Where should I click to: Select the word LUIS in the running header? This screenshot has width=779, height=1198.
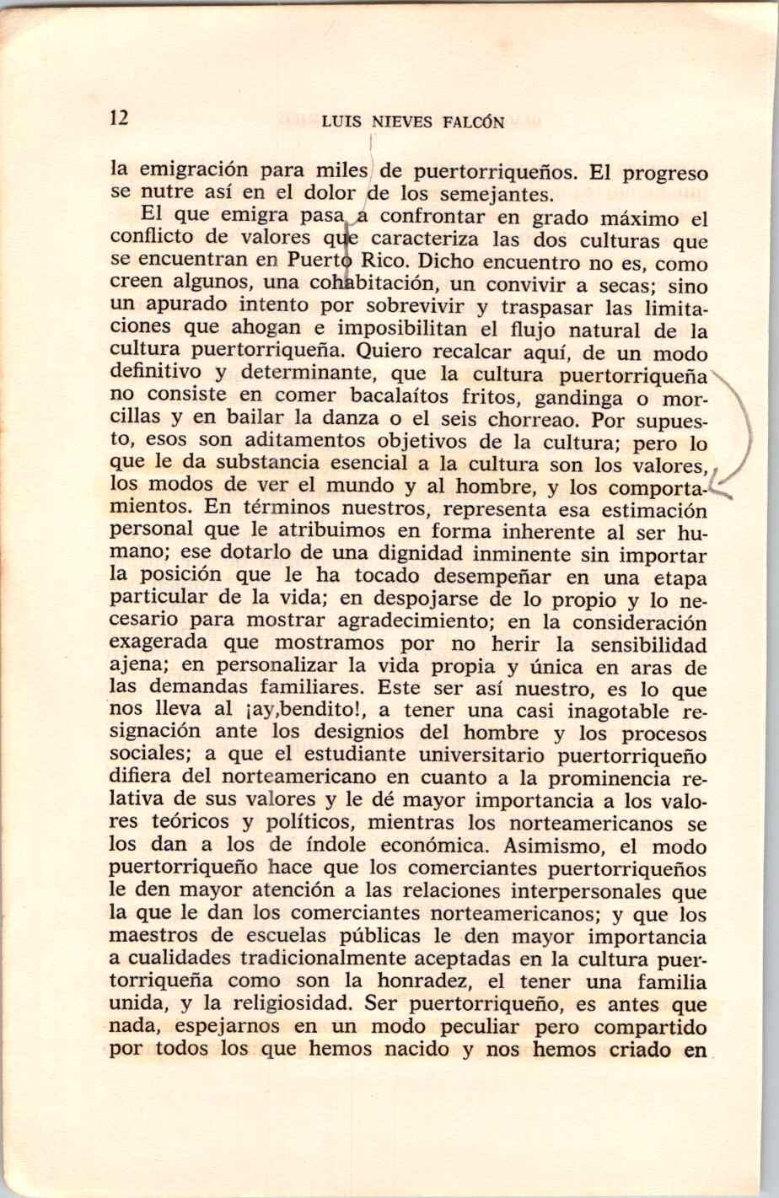341,122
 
